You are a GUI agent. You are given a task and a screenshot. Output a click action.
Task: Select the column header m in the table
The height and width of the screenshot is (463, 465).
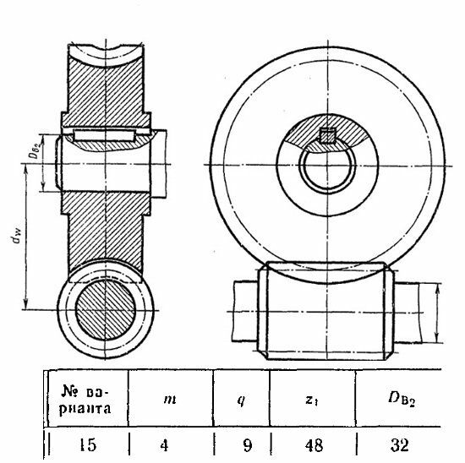170,400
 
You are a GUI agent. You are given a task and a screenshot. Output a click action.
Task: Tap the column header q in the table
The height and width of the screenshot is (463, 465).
241,400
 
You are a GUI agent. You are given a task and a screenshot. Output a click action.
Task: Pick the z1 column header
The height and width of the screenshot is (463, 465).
312,400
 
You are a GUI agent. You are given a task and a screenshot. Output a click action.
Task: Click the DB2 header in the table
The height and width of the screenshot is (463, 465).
402,400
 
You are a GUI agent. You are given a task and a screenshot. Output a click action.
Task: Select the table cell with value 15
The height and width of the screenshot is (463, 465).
88,445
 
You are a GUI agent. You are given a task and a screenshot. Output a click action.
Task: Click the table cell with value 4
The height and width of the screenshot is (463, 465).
164,445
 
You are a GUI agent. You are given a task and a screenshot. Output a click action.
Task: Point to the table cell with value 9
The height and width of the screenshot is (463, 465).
247,445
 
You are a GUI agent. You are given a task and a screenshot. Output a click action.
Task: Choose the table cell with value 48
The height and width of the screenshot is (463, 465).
314,445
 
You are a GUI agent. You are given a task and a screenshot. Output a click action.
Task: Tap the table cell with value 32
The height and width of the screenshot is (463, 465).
399,445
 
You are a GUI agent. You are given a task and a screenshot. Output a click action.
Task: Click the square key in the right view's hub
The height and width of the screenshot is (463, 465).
327,135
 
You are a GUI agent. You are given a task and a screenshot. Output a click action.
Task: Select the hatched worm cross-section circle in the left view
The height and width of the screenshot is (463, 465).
106,310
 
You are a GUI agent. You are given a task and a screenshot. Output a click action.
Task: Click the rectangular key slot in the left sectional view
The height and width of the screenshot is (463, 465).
104,135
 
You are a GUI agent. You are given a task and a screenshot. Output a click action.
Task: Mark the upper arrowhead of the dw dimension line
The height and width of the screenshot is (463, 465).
26,169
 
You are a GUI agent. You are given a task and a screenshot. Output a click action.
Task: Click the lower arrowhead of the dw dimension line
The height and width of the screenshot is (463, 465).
26,304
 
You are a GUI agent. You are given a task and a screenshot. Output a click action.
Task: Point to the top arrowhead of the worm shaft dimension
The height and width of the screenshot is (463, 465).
437,288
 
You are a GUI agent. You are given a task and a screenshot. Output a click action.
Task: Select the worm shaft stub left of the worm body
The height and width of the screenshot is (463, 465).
245,311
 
